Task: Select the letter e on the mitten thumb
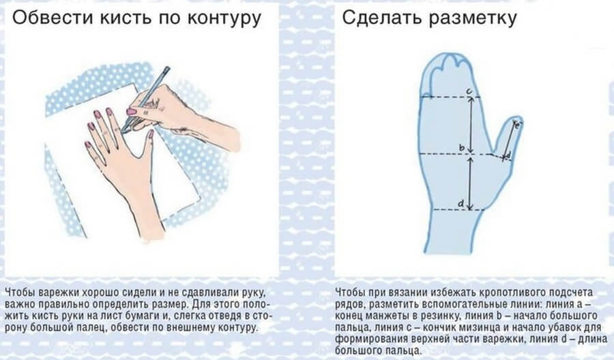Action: (x=516, y=125)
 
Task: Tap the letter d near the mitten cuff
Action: (x=461, y=204)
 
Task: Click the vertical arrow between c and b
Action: (x=470, y=123)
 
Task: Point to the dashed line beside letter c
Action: (x=443, y=97)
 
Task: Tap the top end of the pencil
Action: (x=166, y=68)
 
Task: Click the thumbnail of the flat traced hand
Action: (x=150, y=135)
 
